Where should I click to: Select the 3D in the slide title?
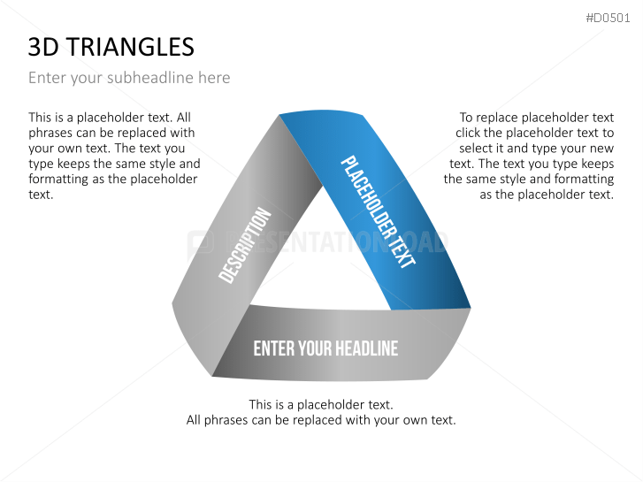coord(43,47)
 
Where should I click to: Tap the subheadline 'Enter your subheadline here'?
coord(129,78)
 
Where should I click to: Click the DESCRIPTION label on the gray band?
coord(244,246)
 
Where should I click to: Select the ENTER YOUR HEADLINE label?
coord(325,348)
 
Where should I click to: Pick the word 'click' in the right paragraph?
coord(471,133)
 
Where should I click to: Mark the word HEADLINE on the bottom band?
coord(364,348)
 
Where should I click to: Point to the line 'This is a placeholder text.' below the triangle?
coord(321,404)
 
